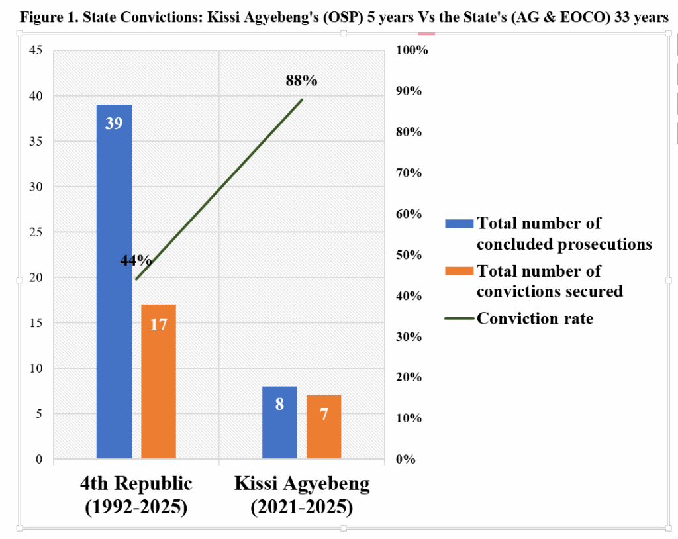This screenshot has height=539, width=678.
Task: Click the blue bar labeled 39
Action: (x=114, y=281)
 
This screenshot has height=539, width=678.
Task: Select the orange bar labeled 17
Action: (x=158, y=381)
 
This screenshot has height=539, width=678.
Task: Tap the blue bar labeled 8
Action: (x=279, y=422)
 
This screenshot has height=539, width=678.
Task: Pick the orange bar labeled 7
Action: (x=324, y=426)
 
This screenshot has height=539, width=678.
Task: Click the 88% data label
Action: (x=301, y=81)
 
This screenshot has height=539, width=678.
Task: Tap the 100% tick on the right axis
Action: (x=411, y=50)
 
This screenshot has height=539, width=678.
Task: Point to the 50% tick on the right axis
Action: (x=408, y=255)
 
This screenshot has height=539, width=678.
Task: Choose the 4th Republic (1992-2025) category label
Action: (x=136, y=495)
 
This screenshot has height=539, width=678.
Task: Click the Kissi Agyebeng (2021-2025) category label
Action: (x=302, y=495)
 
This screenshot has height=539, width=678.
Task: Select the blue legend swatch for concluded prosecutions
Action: (x=459, y=224)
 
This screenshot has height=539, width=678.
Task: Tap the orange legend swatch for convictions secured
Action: (x=459, y=271)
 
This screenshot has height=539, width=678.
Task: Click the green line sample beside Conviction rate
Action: (x=459, y=318)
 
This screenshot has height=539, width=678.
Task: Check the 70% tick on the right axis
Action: (x=408, y=173)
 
